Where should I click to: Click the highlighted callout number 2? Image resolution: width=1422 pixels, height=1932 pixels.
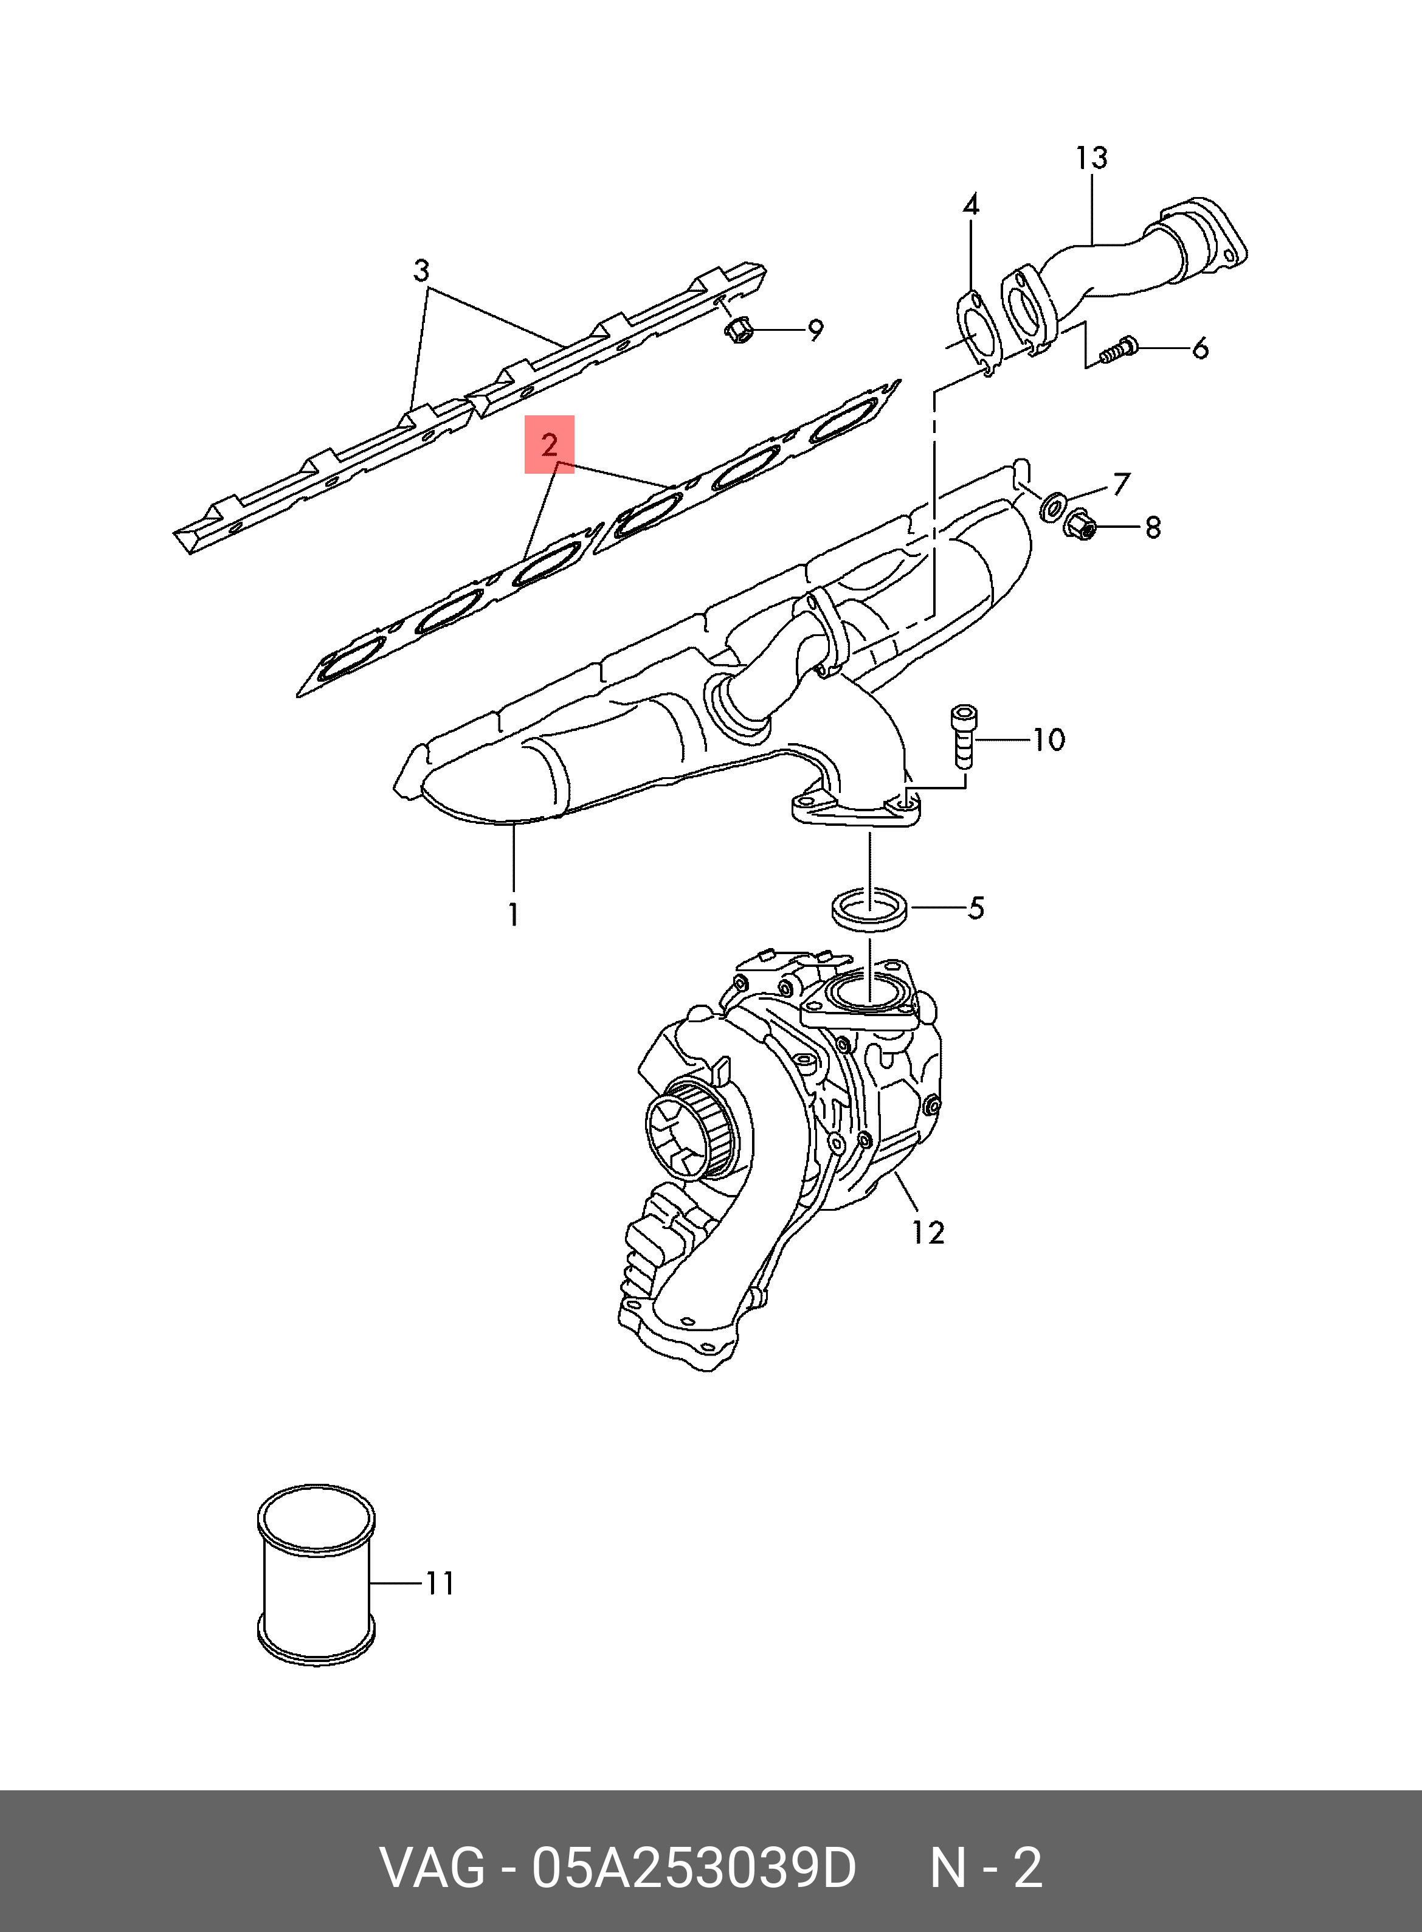click(549, 445)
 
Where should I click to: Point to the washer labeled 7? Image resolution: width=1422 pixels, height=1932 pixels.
click(1051, 508)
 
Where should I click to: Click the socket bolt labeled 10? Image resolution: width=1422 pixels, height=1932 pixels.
click(962, 736)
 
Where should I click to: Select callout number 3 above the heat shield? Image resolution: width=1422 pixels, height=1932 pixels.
click(421, 271)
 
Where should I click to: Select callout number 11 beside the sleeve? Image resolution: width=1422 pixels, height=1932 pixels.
click(439, 1584)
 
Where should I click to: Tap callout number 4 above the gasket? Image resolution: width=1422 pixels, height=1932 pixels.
click(970, 205)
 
